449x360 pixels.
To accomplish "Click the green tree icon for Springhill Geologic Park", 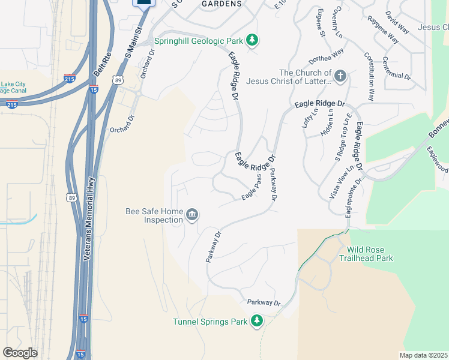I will click(253, 40).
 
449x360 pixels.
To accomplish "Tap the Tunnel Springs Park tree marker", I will click(257, 321).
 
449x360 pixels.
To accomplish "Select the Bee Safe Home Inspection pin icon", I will click(192, 215).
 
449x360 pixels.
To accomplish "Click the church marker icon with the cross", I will click(340, 76).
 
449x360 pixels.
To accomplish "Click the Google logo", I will click(20, 353).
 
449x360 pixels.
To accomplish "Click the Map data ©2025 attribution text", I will click(424, 355).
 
